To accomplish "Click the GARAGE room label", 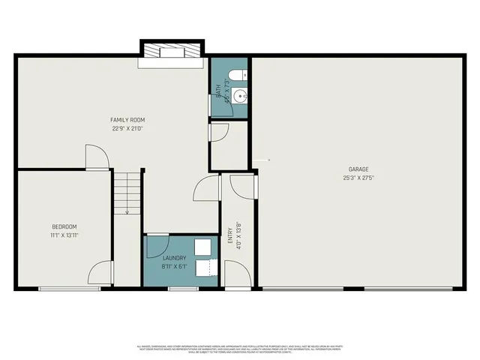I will tap(358, 169).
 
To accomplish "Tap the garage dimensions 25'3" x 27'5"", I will tap(358, 178).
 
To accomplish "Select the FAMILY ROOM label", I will tap(127, 120).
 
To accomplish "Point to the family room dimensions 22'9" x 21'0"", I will tap(127, 128).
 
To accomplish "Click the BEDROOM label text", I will tap(64, 226).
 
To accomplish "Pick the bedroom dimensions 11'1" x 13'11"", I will tap(64, 235).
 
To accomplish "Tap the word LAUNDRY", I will tap(174, 258).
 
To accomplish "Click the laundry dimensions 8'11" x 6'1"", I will tap(174, 266).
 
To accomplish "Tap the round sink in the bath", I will tap(239, 96).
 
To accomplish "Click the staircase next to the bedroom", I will tap(127, 192).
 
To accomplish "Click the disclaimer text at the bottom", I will tap(240, 348).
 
